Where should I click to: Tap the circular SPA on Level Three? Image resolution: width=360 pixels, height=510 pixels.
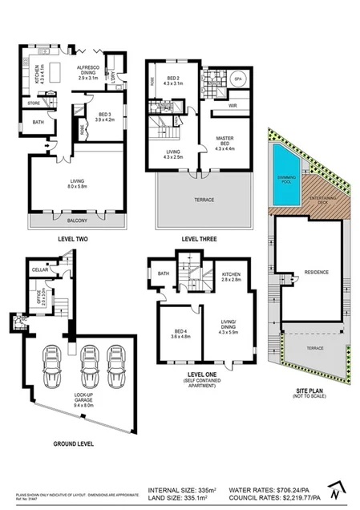coord(239,80)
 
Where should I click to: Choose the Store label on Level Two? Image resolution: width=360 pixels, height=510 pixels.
coord(33,103)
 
